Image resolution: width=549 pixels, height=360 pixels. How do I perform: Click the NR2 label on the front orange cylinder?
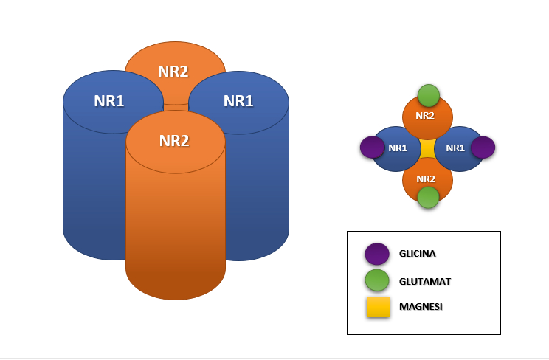pyautogui.click(x=174, y=140)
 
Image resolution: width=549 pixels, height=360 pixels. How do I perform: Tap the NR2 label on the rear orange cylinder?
pyautogui.click(x=173, y=71)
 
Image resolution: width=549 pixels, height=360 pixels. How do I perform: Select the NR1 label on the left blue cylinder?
pyautogui.click(x=108, y=101)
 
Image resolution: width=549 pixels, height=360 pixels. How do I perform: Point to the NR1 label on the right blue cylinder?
pyautogui.click(x=238, y=101)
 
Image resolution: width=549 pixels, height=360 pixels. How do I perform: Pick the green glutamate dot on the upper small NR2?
pyautogui.click(x=428, y=96)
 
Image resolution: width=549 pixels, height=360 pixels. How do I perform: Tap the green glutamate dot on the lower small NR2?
pyautogui.click(x=428, y=197)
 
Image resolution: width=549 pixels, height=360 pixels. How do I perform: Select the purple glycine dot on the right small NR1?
pyautogui.click(x=483, y=148)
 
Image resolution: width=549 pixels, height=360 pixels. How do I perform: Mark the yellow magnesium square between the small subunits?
pyautogui.click(x=427, y=148)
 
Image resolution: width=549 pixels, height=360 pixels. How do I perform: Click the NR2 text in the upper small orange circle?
pyautogui.click(x=425, y=115)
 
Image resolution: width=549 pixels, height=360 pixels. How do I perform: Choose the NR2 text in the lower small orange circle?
pyautogui.click(x=425, y=179)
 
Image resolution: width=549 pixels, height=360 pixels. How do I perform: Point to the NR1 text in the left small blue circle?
pyautogui.click(x=397, y=148)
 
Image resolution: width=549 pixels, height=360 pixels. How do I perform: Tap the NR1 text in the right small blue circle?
pyautogui.click(x=455, y=148)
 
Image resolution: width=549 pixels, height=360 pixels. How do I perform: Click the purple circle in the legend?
pyautogui.click(x=377, y=254)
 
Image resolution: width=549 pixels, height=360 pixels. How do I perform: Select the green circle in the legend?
pyautogui.click(x=377, y=280)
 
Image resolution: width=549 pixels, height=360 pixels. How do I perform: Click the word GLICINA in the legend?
pyautogui.click(x=417, y=254)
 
